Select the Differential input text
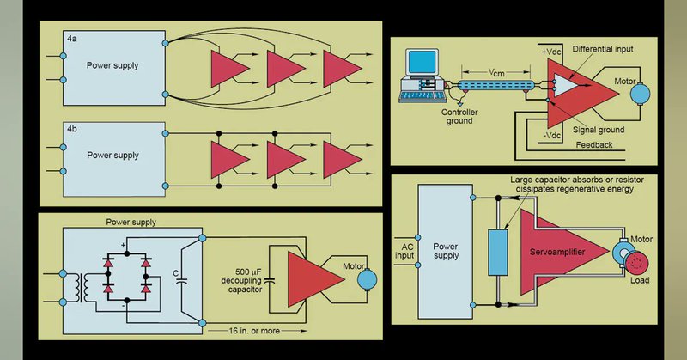[604, 49]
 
